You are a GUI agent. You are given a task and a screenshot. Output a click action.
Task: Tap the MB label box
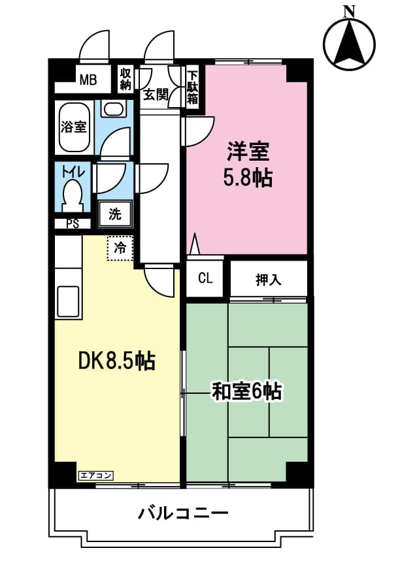88,80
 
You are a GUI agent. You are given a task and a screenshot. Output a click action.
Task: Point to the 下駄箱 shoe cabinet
192,86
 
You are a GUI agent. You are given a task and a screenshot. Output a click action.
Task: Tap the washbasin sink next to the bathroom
113,109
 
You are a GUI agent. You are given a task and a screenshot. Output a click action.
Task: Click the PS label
73,224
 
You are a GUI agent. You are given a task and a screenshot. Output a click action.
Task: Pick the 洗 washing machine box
115,213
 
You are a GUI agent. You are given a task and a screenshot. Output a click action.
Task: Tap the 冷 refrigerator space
120,248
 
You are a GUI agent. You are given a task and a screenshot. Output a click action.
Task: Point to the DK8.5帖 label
116,360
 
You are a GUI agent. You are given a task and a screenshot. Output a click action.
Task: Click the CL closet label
205,279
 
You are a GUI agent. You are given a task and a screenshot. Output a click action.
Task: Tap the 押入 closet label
268,280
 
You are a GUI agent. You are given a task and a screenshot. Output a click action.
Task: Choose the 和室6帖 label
246,391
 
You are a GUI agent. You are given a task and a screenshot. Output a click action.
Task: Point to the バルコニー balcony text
183,513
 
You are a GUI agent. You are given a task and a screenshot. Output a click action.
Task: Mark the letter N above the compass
349,10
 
